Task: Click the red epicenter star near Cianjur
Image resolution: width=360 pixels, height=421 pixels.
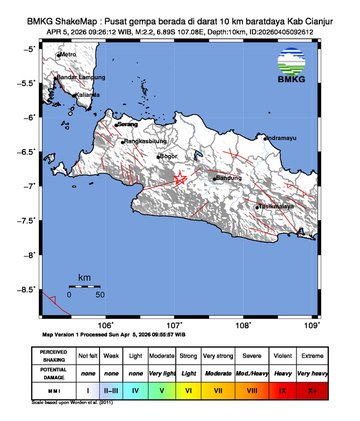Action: pos(180,178)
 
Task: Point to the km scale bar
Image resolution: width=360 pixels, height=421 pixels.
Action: pos(85,287)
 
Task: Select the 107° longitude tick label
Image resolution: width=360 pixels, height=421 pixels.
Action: pos(174,326)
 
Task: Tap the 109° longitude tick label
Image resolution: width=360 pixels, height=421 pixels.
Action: pos(311,326)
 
